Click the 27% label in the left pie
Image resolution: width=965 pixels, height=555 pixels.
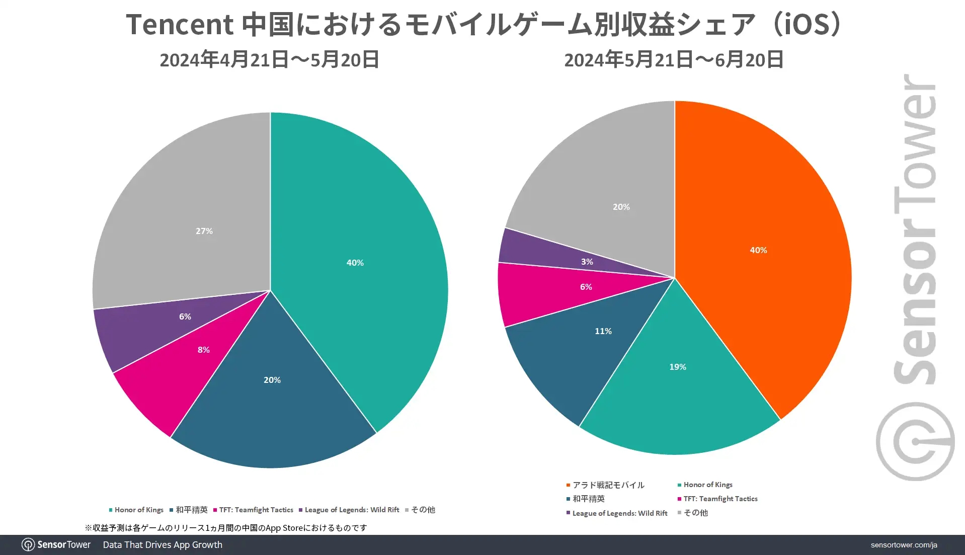(204, 231)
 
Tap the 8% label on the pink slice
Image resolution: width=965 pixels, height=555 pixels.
(203, 350)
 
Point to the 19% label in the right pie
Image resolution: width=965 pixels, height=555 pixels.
(677, 367)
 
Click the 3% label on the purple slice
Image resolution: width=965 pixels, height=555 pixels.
(587, 262)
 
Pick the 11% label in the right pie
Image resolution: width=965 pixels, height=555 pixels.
(603, 331)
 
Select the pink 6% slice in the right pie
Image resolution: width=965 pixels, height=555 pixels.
(543, 294)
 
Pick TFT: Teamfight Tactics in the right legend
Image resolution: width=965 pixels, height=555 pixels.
(720, 499)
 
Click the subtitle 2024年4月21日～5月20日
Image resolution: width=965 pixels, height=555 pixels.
(269, 60)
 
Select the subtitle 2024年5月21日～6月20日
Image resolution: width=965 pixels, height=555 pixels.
(674, 60)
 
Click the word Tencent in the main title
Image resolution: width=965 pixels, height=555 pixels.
(180, 24)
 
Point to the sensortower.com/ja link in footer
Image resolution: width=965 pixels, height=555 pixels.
(904, 545)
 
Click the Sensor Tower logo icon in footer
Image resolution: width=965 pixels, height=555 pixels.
(28, 545)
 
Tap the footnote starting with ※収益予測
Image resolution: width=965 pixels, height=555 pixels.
(226, 528)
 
